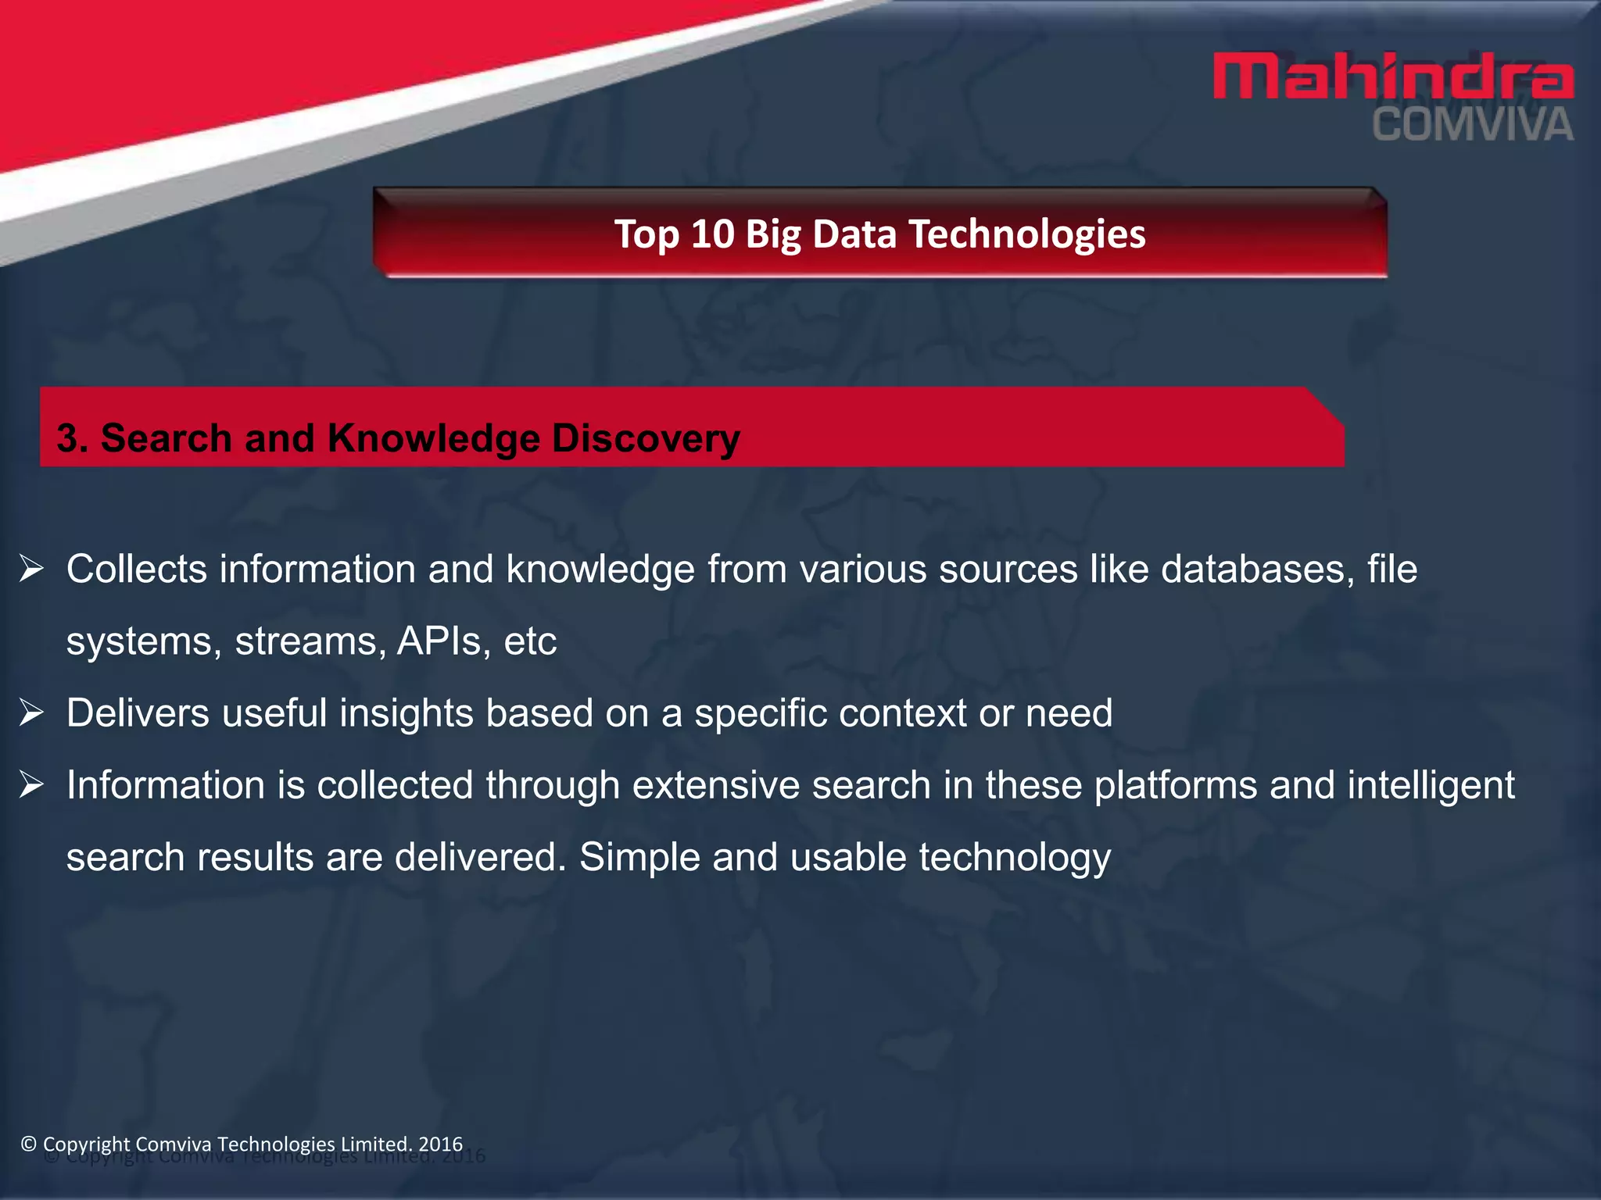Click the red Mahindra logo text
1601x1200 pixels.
pyautogui.click(x=1392, y=77)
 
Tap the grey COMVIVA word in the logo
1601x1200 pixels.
pyautogui.click(x=1472, y=126)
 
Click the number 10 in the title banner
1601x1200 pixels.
pyautogui.click(x=712, y=234)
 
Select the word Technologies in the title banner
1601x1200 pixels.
pyautogui.click(x=1026, y=234)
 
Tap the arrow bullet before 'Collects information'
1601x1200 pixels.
pyautogui.click(x=32, y=569)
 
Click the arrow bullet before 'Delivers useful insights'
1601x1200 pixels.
pyautogui.click(x=32, y=712)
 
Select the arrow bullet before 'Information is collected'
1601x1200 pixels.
pyautogui.click(x=32, y=784)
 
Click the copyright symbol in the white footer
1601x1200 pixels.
pyautogui.click(x=29, y=1144)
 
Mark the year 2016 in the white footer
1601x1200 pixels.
pyautogui.click(x=441, y=1144)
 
